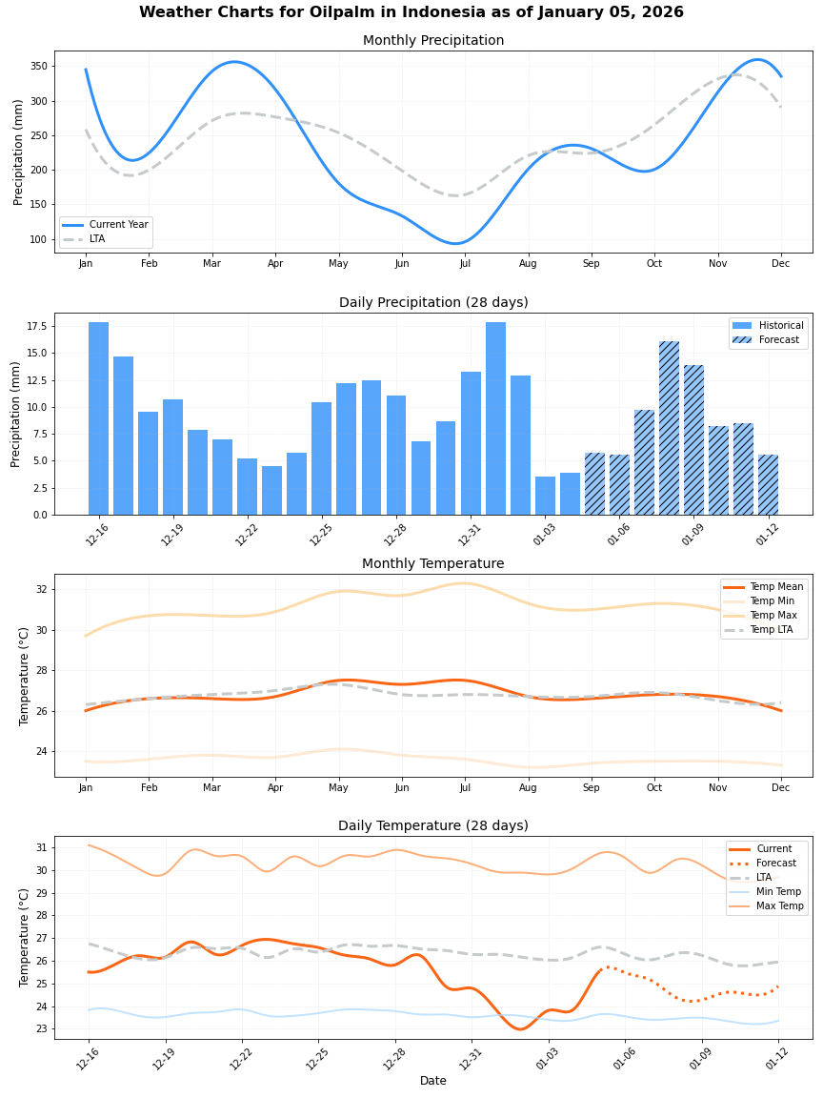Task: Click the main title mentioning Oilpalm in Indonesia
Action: click(411, 12)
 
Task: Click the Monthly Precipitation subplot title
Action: click(433, 41)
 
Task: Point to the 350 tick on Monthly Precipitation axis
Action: click(38, 67)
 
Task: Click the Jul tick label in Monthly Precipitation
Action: click(465, 263)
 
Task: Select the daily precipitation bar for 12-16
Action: click(98, 418)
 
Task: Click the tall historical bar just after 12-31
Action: click(495, 418)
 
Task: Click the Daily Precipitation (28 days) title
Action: click(433, 303)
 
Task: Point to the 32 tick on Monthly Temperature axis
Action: click(42, 589)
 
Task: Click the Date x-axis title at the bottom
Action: click(433, 1081)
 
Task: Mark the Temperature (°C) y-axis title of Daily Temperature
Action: click(25, 937)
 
